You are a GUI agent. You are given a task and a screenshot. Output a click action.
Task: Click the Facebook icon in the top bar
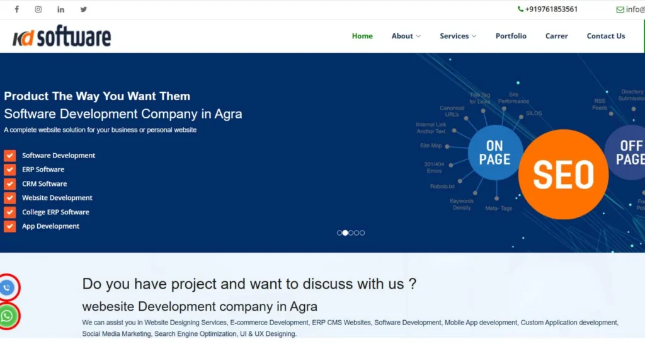(x=17, y=9)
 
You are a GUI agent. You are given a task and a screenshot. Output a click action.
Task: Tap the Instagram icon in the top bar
(x=38, y=9)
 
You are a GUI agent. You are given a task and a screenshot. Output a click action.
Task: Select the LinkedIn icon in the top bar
(x=60, y=9)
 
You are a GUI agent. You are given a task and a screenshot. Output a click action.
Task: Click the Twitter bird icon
(x=84, y=9)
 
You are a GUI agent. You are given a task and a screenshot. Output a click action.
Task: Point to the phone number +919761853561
(x=547, y=9)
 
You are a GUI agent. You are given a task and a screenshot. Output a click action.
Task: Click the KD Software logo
(x=62, y=37)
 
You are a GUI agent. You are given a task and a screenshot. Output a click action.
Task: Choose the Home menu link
(x=362, y=36)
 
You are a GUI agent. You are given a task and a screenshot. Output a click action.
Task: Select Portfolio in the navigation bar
(x=511, y=36)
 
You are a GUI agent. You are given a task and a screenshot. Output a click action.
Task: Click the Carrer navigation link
(x=557, y=36)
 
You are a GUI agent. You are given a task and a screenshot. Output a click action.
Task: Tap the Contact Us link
(x=606, y=36)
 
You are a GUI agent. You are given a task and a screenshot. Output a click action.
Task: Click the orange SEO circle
(x=563, y=175)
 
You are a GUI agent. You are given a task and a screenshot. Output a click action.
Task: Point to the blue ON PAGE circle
(x=495, y=153)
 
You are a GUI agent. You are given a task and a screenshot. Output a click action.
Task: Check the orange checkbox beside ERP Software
(x=9, y=170)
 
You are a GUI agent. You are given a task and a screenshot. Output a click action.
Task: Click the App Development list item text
(x=50, y=226)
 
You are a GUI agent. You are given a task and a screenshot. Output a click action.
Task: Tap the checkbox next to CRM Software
(x=9, y=184)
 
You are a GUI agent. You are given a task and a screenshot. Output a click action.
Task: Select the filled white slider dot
(x=345, y=233)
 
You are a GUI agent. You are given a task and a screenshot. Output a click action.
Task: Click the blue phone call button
(x=7, y=288)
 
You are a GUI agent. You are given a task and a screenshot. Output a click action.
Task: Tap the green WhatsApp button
(x=7, y=316)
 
